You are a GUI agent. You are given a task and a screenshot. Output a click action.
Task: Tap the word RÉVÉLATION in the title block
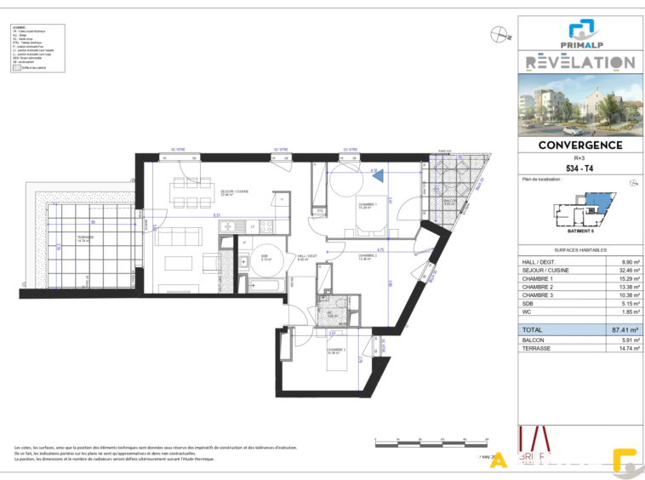pyautogui.click(x=579, y=62)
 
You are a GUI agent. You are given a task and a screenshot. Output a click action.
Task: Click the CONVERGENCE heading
pyautogui.click(x=579, y=146)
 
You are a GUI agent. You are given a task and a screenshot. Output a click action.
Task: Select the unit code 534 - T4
pyautogui.click(x=579, y=169)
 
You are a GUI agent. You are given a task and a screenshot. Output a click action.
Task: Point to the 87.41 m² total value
pyautogui.click(x=620, y=329)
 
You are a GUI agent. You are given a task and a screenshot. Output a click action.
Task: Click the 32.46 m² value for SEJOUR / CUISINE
pyautogui.click(x=620, y=271)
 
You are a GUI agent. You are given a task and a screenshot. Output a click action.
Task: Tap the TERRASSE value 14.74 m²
pyautogui.click(x=620, y=348)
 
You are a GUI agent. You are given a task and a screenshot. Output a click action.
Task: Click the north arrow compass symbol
pyautogui.click(x=499, y=35)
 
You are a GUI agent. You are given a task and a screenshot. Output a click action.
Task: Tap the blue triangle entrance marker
pyautogui.click(x=378, y=175)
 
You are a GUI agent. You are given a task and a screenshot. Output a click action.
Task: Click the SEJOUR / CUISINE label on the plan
pyautogui.click(x=233, y=192)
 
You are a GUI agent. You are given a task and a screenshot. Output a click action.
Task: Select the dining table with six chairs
pyautogui.click(x=183, y=195)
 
